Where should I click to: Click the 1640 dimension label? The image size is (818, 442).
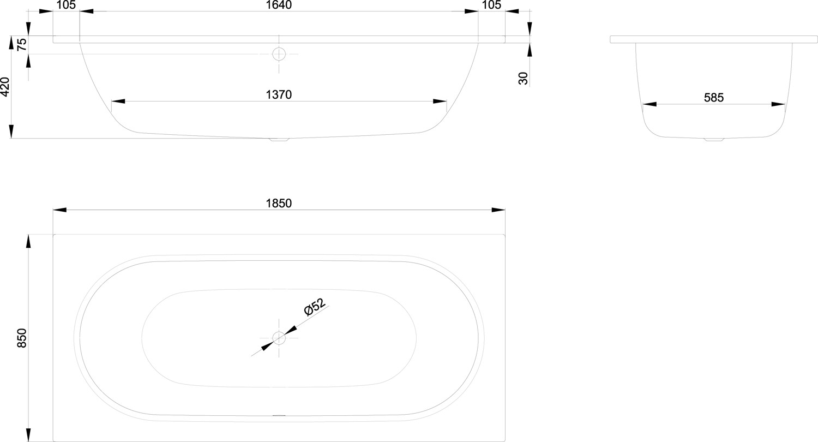(279, 5)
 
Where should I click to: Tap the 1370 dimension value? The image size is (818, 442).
(279, 94)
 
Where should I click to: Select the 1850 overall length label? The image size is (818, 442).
(279, 203)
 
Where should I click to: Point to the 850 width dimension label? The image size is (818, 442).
(22, 338)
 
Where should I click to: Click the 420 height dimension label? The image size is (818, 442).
(5, 87)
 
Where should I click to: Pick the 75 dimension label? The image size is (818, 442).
(22, 45)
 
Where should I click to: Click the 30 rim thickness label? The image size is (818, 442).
(523, 78)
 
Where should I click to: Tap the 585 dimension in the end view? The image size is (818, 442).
(713, 98)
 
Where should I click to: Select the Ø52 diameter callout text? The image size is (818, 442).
(315, 307)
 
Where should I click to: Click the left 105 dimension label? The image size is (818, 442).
(66, 5)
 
